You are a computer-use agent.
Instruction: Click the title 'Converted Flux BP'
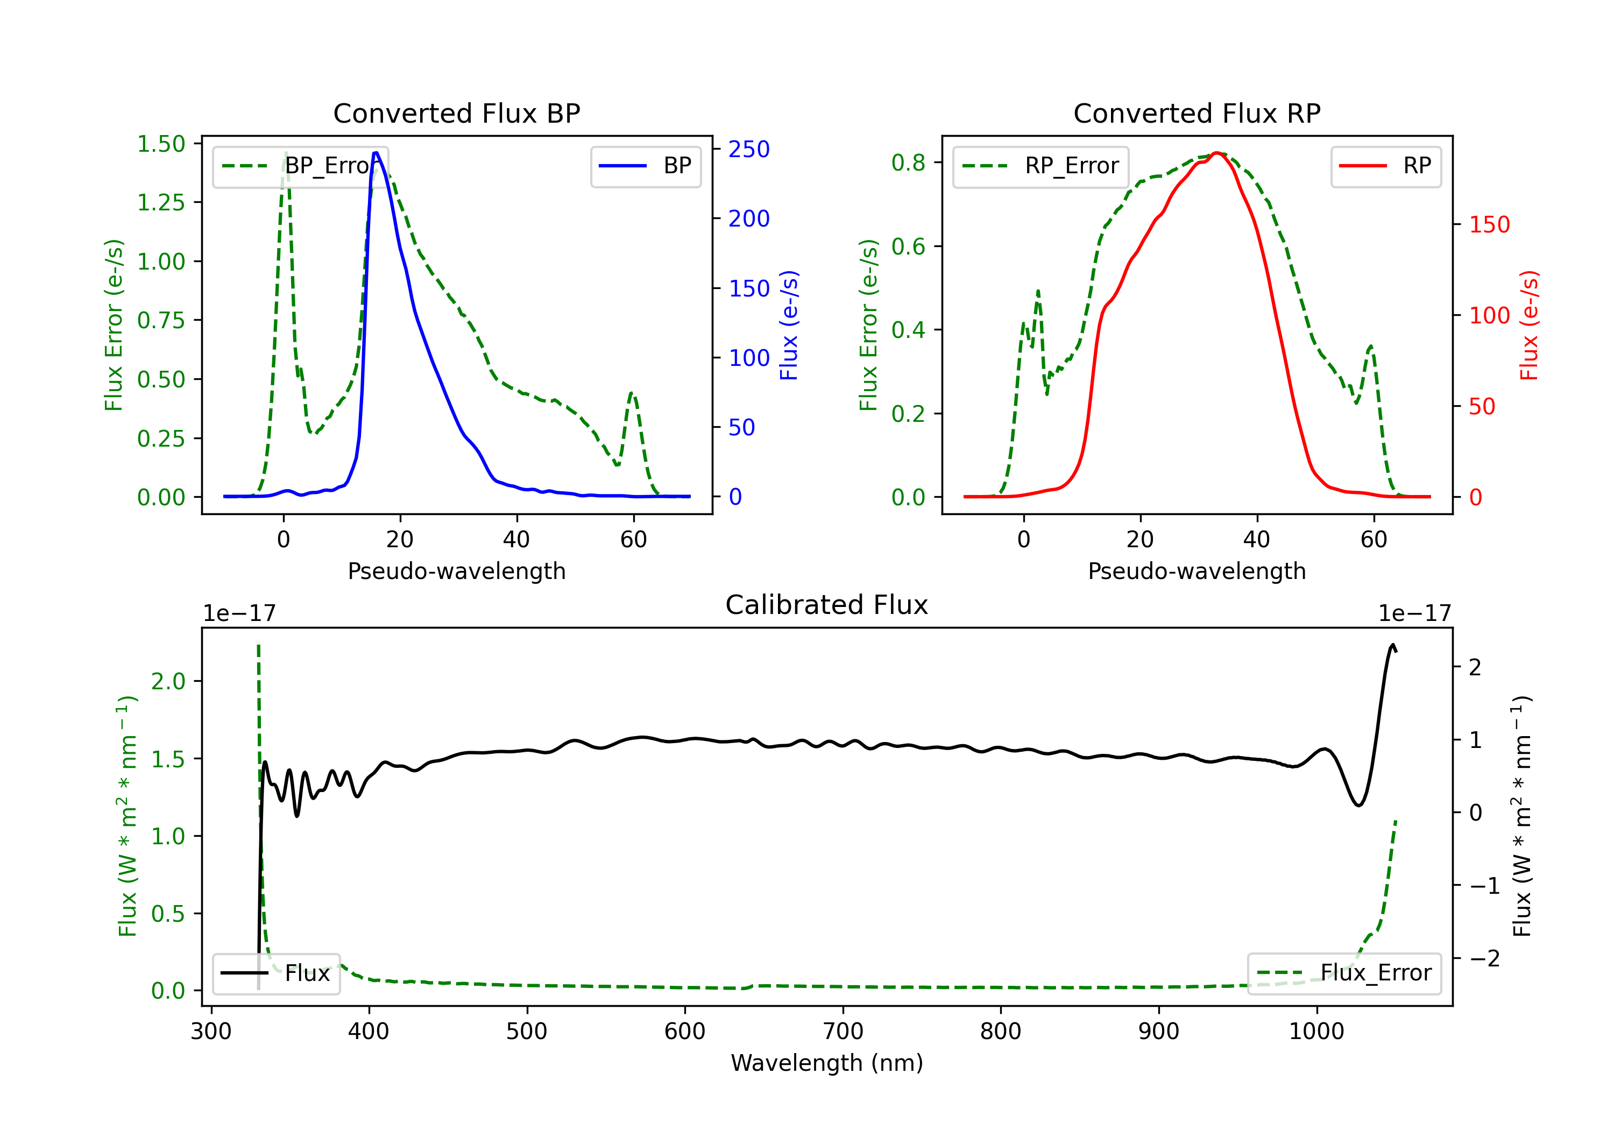[456, 113]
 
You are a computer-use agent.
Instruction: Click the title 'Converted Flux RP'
[1197, 113]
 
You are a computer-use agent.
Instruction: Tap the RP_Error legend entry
[1040, 166]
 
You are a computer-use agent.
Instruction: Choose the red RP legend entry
[1385, 166]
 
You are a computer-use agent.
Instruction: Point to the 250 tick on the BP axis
[749, 149]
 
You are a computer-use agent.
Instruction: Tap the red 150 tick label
[1489, 225]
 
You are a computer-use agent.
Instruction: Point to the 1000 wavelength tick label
[1316, 1032]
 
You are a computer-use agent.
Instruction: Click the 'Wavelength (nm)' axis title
[827, 1063]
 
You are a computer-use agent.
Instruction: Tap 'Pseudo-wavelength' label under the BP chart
[456, 571]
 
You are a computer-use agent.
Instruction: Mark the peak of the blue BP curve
[376, 153]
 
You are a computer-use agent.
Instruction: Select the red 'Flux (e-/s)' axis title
[1529, 325]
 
